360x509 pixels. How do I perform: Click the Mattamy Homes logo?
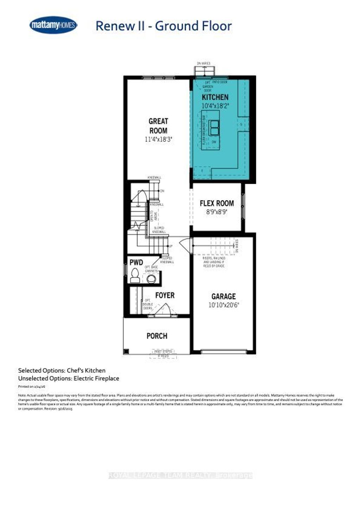[53, 25]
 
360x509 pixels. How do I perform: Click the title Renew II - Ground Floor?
[163, 26]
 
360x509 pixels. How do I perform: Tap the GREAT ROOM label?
[158, 126]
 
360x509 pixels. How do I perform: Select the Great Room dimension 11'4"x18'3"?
[158, 139]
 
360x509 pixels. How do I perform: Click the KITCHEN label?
[215, 97]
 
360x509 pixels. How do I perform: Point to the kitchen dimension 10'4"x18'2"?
[215, 105]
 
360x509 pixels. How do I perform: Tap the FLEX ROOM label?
[217, 203]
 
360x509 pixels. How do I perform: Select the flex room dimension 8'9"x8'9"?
[217, 212]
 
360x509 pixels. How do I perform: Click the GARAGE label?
[223, 296]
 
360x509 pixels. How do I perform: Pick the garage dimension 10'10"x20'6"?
[223, 305]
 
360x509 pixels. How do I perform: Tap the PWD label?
[136, 262]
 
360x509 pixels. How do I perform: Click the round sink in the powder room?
[151, 279]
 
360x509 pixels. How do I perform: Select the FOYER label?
[165, 295]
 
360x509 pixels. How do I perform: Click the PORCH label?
[157, 336]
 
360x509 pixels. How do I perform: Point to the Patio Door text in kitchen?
[220, 82]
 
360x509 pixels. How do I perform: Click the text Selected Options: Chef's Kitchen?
[62, 370]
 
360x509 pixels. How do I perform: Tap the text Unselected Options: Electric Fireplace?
[69, 378]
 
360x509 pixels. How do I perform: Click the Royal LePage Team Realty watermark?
[180, 475]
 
